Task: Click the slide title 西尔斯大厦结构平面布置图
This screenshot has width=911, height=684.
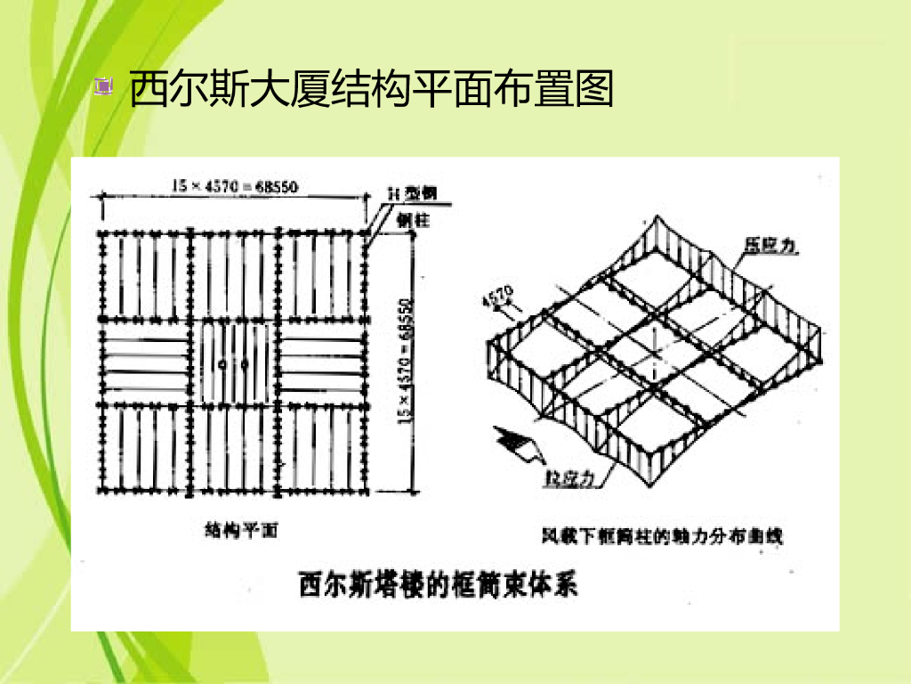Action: point(372,89)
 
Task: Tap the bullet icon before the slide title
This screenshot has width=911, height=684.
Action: point(105,87)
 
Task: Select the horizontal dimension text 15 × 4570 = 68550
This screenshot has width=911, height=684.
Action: point(235,186)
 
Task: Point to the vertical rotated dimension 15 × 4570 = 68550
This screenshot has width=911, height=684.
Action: point(407,361)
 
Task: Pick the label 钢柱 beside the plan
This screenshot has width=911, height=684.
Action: point(414,220)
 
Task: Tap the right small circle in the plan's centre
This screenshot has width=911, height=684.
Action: point(242,363)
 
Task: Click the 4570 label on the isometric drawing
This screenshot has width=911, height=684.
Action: point(496,294)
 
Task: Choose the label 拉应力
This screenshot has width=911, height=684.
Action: point(569,479)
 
